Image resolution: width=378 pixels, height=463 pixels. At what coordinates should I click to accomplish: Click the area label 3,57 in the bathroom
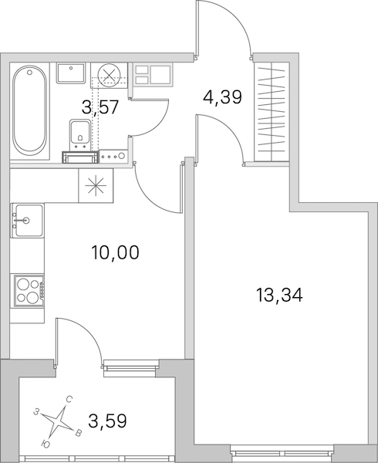click(100, 106)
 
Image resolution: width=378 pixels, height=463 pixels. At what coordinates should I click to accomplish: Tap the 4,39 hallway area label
click(222, 97)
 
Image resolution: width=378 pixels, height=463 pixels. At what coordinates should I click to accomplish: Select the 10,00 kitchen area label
click(115, 252)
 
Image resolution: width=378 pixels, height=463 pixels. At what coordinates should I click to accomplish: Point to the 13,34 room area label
click(279, 296)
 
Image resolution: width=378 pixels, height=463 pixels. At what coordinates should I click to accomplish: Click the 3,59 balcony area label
click(107, 421)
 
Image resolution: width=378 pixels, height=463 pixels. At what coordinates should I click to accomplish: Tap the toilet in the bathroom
click(79, 134)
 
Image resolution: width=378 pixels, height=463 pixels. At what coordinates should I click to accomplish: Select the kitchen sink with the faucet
click(27, 220)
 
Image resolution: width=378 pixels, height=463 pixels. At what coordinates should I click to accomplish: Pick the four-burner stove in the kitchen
click(27, 291)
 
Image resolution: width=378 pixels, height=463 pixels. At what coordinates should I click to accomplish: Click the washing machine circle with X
click(110, 76)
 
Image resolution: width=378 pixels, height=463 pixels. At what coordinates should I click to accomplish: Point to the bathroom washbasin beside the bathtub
click(71, 73)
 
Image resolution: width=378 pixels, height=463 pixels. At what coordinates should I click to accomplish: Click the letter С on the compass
click(69, 400)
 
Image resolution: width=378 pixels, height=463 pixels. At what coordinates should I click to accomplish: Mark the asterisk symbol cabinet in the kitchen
click(96, 185)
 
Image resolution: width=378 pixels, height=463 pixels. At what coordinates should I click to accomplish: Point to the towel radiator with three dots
click(113, 156)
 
